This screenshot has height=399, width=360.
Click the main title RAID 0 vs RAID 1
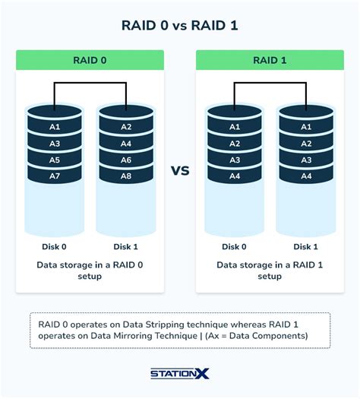point(179,25)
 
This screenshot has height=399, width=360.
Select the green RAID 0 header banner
point(90,60)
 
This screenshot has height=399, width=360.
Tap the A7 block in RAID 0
point(54,176)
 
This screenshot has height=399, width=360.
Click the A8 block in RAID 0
point(125,176)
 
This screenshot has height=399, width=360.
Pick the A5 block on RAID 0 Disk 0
point(54,160)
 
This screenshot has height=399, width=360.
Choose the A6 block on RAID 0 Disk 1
point(125,160)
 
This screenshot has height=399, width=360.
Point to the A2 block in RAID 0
point(125,127)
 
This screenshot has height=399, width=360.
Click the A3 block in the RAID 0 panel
point(54,144)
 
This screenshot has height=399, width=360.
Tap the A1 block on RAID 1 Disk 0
point(234,127)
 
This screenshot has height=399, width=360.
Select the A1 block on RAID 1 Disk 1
point(305,127)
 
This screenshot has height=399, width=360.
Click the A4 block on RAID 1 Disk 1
point(305,176)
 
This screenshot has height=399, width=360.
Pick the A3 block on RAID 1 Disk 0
point(234,160)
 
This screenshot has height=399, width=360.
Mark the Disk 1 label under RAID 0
point(125,246)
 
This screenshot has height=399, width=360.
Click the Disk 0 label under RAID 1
point(234,246)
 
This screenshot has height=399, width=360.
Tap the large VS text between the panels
point(179,170)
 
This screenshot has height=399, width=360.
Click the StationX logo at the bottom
point(179,375)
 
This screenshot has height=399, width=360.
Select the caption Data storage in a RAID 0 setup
point(90,271)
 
